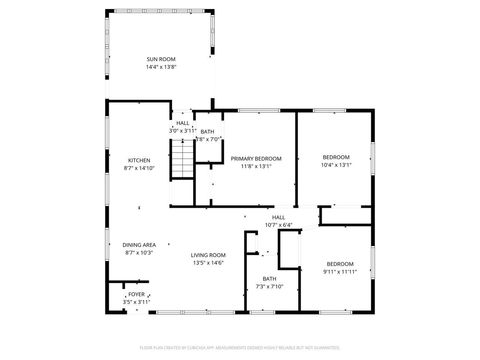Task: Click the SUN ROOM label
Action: pyautogui.click(x=161, y=60)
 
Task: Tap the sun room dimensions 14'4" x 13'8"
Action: pyautogui.click(x=161, y=68)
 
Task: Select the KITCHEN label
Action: pyautogui.click(x=138, y=160)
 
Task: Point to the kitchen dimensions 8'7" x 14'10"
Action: pyautogui.click(x=138, y=168)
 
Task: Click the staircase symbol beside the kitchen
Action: pyautogui.click(x=180, y=158)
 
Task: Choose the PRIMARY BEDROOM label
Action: pyautogui.click(x=256, y=158)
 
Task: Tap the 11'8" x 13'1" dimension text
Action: pyautogui.click(x=256, y=166)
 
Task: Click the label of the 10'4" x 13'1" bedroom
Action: pyautogui.click(x=336, y=157)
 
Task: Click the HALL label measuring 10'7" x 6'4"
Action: pyautogui.click(x=279, y=217)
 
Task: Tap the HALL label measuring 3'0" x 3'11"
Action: pyautogui.click(x=182, y=123)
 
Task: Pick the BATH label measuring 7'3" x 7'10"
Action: pyautogui.click(x=269, y=279)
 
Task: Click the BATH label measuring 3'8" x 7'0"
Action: pyautogui.click(x=207, y=131)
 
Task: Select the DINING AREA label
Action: pyautogui.click(x=139, y=245)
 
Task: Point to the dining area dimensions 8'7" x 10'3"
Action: pyautogui.click(x=139, y=253)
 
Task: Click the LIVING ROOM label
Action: pyautogui.click(x=208, y=255)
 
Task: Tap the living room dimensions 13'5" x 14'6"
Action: pyautogui.click(x=208, y=263)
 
